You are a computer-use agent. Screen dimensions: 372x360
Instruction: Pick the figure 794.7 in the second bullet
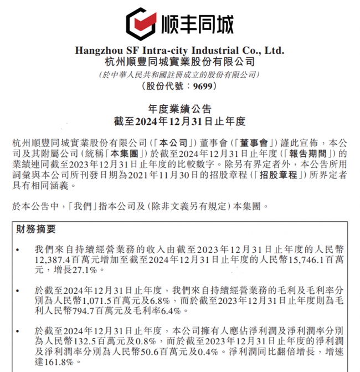pyautogui.click(x=87, y=312)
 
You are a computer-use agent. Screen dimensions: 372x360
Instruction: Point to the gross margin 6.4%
pyautogui.click(x=164, y=312)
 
